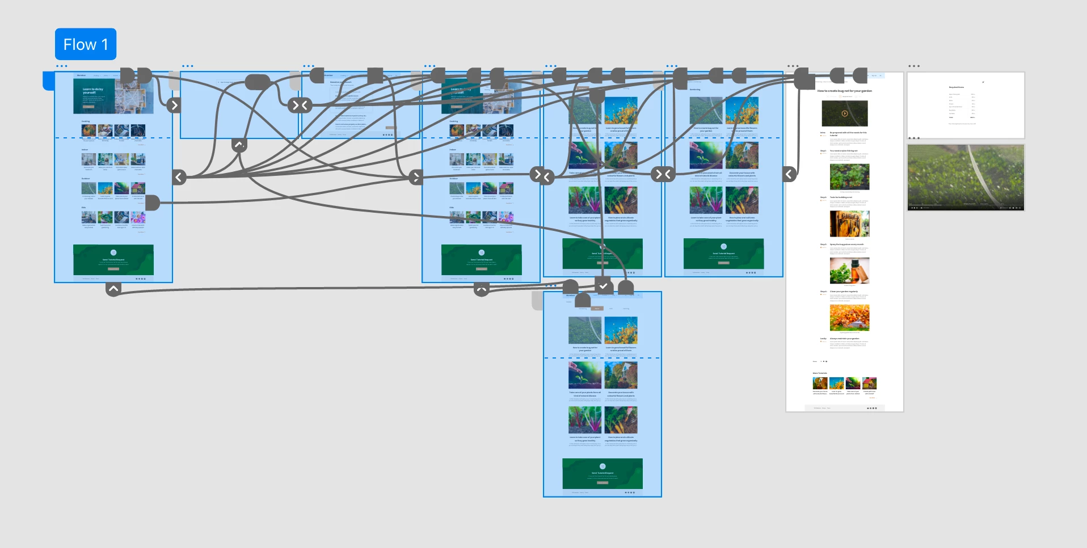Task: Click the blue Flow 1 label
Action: click(86, 44)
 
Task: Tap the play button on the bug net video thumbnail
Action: click(845, 113)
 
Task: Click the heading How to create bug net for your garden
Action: click(844, 91)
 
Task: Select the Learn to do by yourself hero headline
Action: click(92, 91)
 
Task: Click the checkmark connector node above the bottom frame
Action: click(603, 286)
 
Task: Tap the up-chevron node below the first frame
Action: click(113, 289)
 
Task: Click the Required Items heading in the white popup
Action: click(957, 87)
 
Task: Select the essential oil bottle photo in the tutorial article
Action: click(849, 271)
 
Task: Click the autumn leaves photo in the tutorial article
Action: click(849, 318)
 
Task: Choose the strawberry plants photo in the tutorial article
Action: click(849, 177)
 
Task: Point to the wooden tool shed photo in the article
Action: click(849, 224)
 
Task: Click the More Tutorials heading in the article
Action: click(820, 373)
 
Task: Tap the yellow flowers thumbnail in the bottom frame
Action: click(621, 330)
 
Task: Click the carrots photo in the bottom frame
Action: click(621, 420)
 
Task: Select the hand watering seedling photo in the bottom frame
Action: click(585, 375)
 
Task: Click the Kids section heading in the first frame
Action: click(83, 208)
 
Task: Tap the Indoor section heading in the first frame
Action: click(85, 150)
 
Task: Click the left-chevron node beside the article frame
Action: click(789, 174)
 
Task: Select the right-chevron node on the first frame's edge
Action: click(174, 105)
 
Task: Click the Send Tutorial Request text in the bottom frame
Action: click(603, 473)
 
